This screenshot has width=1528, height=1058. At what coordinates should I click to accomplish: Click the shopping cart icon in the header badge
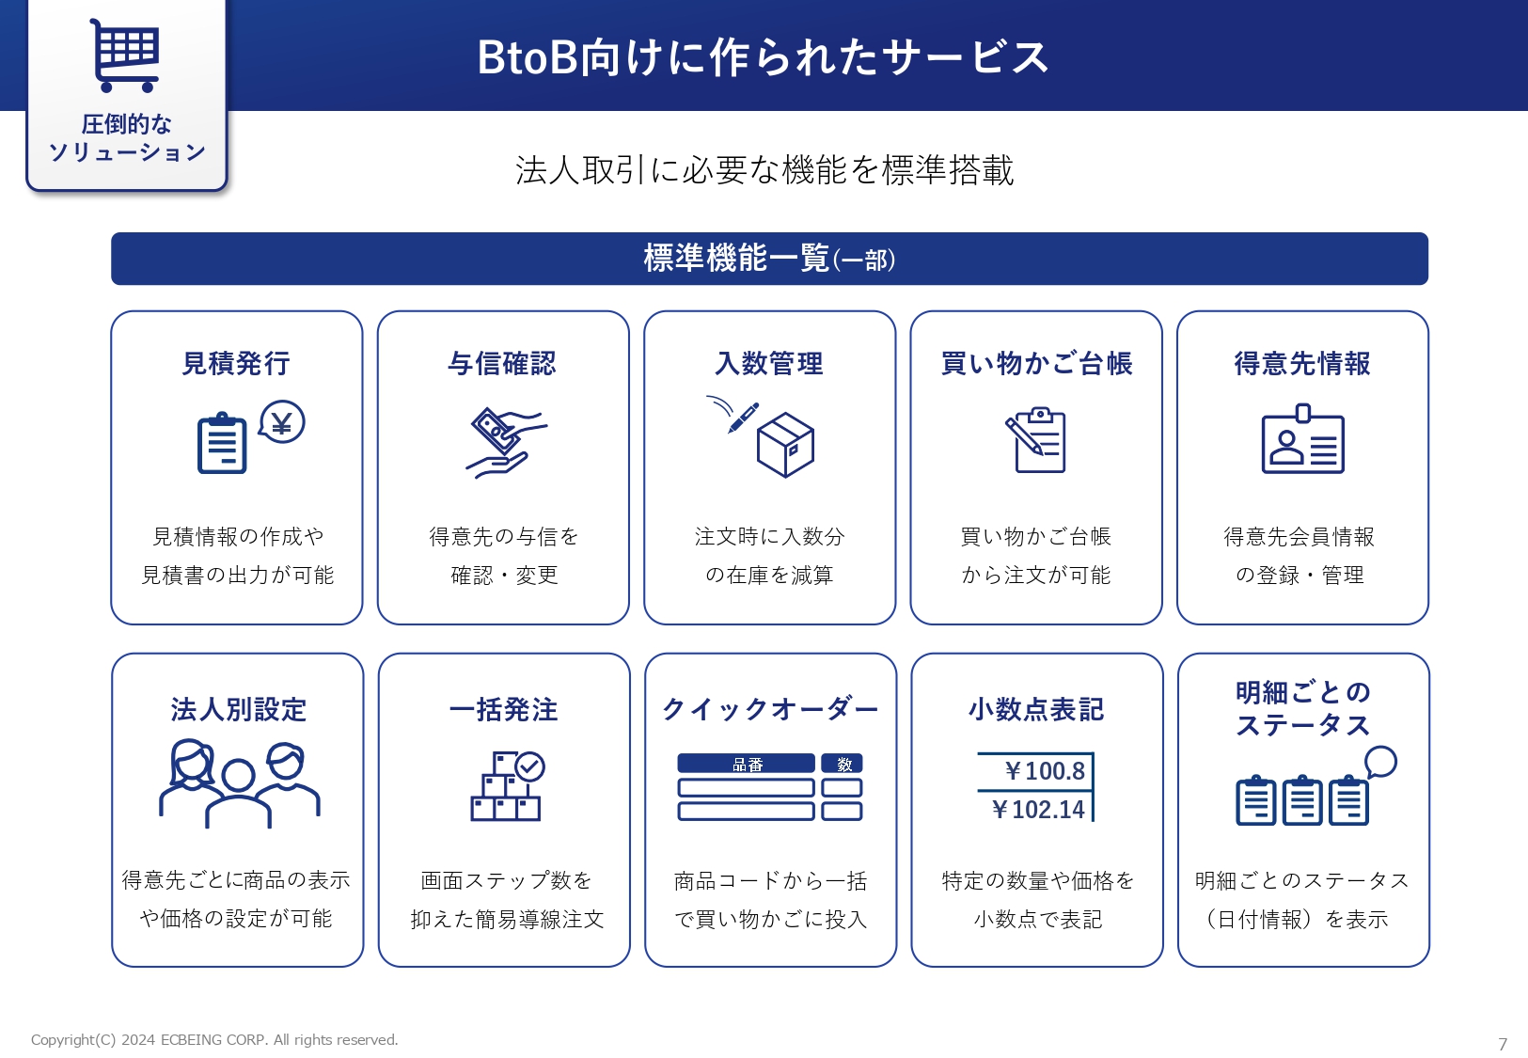[125, 55]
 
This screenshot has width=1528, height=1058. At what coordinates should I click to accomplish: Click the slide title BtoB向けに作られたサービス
[762, 56]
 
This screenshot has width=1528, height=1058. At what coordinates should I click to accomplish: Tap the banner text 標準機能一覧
[736, 259]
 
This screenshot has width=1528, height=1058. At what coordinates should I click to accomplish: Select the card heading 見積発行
[236, 364]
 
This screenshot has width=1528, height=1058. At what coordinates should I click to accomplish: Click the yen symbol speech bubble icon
[281, 422]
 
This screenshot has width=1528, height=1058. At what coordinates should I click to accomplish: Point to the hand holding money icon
[505, 442]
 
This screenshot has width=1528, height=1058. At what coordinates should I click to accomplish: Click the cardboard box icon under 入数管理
[785, 445]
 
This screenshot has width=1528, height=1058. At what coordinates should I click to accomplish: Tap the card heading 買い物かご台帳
[1036, 364]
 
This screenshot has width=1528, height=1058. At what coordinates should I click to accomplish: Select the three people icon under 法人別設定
[240, 783]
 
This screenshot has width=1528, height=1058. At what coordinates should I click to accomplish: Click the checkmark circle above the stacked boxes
[529, 766]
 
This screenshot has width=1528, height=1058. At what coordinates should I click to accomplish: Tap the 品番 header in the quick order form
[747, 764]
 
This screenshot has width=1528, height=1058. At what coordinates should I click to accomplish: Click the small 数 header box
[842, 764]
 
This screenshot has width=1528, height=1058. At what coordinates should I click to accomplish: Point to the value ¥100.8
[1044, 771]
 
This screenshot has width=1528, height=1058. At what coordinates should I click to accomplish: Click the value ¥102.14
[1037, 810]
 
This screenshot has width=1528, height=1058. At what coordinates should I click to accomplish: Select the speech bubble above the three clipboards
[1380, 762]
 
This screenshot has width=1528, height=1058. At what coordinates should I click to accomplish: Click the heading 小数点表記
[1036, 709]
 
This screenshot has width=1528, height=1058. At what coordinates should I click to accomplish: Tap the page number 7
[1503, 1044]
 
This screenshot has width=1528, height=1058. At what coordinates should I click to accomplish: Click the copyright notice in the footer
[214, 1039]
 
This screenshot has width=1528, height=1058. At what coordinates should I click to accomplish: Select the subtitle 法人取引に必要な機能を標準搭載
[764, 170]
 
